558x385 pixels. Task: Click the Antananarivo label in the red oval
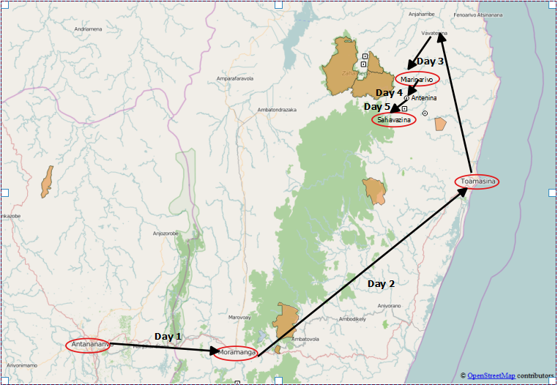coord(88,345)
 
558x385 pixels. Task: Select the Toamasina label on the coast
coord(477,182)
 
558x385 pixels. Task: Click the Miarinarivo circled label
coord(419,78)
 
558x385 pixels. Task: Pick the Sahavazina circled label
coord(393,120)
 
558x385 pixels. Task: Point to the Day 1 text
coord(168,336)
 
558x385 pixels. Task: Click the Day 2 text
coord(381,283)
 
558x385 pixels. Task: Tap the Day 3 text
coord(430,61)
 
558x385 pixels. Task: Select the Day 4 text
coord(389,93)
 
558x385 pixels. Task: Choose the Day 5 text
coord(378,107)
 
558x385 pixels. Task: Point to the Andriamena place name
coord(88,29)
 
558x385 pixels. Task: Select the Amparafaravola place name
coord(234,78)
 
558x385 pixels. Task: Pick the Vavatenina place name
coord(434,33)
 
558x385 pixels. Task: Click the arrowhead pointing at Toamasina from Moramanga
coord(463,192)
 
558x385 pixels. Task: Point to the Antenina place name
coord(424,98)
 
